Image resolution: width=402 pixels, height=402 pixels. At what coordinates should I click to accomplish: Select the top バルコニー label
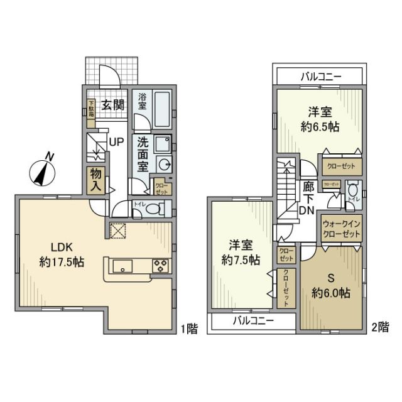click(x=320, y=77)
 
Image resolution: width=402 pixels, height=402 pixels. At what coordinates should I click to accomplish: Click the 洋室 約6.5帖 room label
click(x=320, y=118)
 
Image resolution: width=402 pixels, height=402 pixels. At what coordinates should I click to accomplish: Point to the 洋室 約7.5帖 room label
click(x=241, y=251)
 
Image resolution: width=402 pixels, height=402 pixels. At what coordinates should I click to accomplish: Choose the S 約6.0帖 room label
click(x=331, y=285)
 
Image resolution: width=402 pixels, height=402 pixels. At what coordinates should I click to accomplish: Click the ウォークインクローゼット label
click(x=342, y=228)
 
